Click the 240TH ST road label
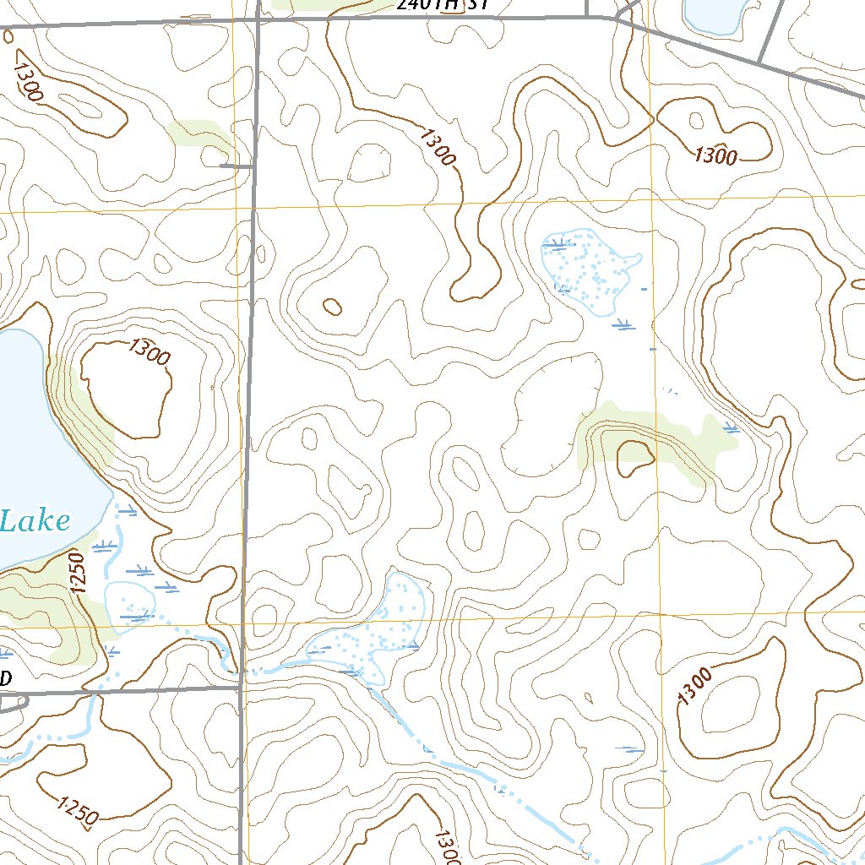click(x=442, y=4)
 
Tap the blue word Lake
click(x=35, y=521)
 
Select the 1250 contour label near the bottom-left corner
click(x=79, y=809)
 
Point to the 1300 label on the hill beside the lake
click(x=150, y=351)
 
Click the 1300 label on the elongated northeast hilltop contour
click(x=715, y=155)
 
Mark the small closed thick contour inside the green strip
click(x=636, y=457)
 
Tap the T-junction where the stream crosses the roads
click(x=240, y=686)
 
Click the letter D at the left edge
click(x=6, y=678)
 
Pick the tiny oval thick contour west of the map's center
click(x=333, y=306)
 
